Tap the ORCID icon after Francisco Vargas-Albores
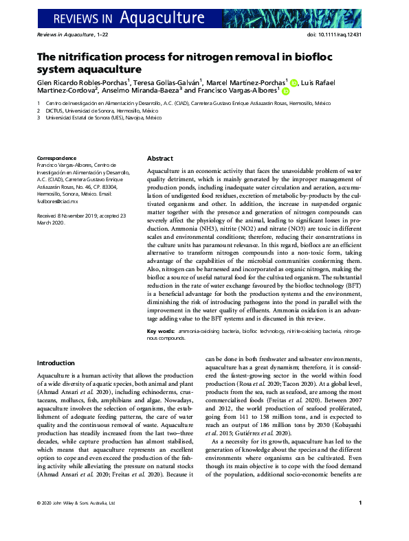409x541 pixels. (x=285, y=90)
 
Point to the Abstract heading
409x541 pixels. (x=160, y=157)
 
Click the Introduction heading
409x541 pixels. (x=56, y=362)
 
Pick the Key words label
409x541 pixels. (x=161, y=331)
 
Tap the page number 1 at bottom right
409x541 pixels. (x=361, y=522)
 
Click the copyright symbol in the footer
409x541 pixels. (x=39, y=523)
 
